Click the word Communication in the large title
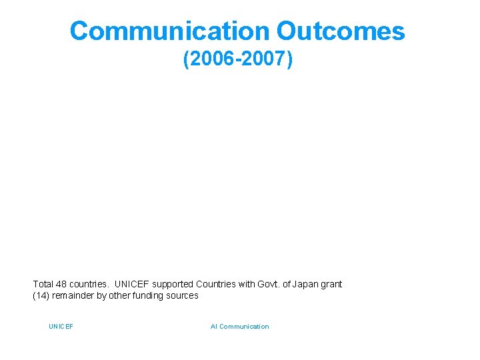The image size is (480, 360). coord(169,31)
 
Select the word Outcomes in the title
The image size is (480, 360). coord(341,31)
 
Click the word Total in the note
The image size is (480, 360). coord(43,284)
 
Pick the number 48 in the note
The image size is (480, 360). coord(62,284)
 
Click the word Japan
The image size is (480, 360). coord(305,284)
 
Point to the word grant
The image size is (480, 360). coord(332,284)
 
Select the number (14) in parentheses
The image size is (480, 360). coord(41,295)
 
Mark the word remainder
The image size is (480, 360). coord(72,295)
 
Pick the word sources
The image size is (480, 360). coord(183,295)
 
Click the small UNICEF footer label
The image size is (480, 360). coord(61,327)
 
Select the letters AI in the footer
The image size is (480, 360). coord(213,327)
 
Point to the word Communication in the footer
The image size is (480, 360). coord(244,327)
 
